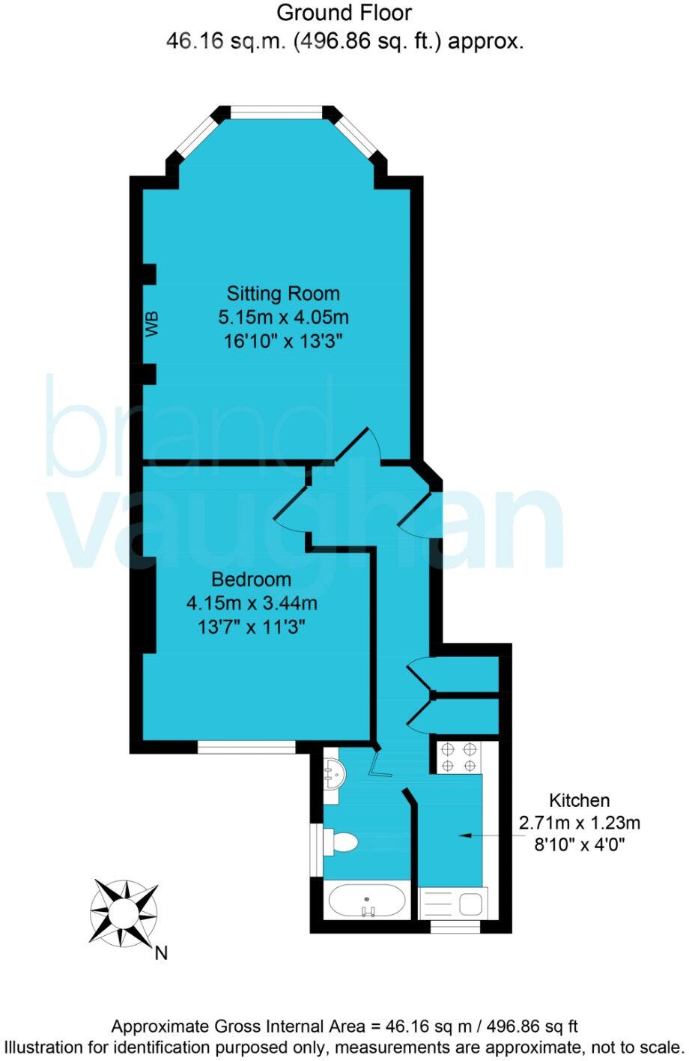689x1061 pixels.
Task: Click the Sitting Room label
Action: pos(283,293)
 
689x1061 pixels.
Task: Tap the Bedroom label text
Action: pos(251,579)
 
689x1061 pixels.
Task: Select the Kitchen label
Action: pos(580,800)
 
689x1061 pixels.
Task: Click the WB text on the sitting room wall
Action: pos(153,324)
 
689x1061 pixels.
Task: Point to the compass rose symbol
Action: pos(124,911)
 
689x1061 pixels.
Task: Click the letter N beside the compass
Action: pos(161,954)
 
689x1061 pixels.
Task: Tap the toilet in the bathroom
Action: pos(343,841)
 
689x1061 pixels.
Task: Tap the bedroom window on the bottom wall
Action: pos(246,746)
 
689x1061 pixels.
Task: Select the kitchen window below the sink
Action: pos(455,928)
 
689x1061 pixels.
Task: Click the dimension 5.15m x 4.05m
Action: pos(283,317)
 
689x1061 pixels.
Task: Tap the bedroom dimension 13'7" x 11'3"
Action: pos(252,626)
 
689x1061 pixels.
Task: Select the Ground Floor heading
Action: pos(344,13)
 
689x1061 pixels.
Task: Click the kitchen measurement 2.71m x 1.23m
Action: pos(580,823)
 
